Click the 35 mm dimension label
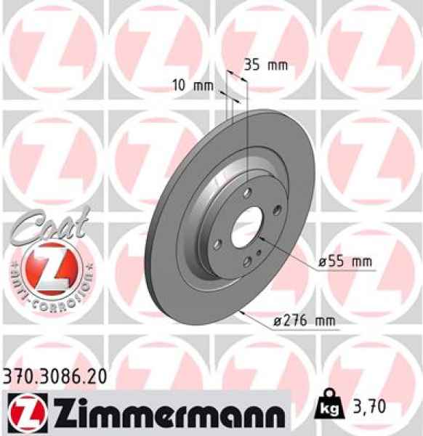pyautogui.click(x=265, y=65)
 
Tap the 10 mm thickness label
pyautogui.click(x=193, y=86)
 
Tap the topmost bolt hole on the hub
pyautogui.click(x=247, y=193)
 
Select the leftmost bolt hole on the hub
pyautogui.click(x=216, y=225)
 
